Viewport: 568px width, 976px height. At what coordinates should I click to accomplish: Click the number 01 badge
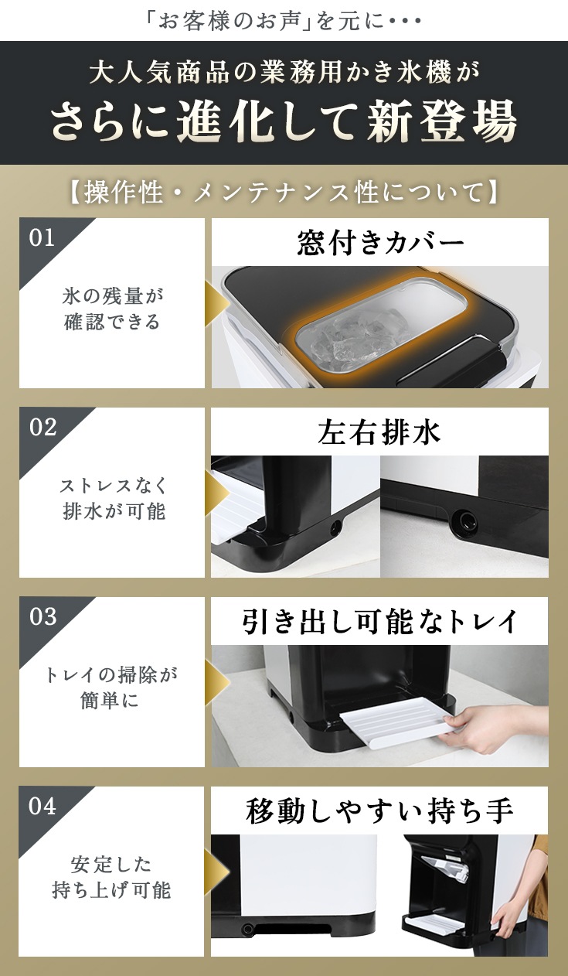pyautogui.click(x=42, y=238)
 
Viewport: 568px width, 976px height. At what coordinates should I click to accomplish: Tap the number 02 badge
pyautogui.click(x=43, y=428)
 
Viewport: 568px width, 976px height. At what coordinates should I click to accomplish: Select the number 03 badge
pyautogui.click(x=43, y=616)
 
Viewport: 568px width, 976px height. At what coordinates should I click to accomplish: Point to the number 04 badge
pyautogui.click(x=43, y=806)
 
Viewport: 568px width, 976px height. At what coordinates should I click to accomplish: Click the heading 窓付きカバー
pyautogui.click(x=380, y=243)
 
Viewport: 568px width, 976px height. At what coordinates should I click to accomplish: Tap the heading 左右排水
pyautogui.click(x=379, y=432)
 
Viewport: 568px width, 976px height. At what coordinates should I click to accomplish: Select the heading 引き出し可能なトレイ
pyautogui.click(x=379, y=621)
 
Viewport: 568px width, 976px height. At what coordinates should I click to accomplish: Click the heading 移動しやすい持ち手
pyautogui.click(x=379, y=810)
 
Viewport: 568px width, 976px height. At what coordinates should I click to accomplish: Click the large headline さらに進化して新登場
pyautogui.click(x=284, y=121)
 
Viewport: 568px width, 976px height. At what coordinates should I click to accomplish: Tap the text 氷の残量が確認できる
pyautogui.click(x=112, y=309)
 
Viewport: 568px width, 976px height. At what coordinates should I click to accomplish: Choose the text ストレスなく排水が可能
pyautogui.click(x=113, y=499)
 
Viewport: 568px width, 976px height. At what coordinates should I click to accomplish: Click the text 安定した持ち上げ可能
pyautogui.click(x=111, y=878)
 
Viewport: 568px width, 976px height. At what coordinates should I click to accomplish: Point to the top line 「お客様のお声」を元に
pyautogui.click(x=284, y=22)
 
